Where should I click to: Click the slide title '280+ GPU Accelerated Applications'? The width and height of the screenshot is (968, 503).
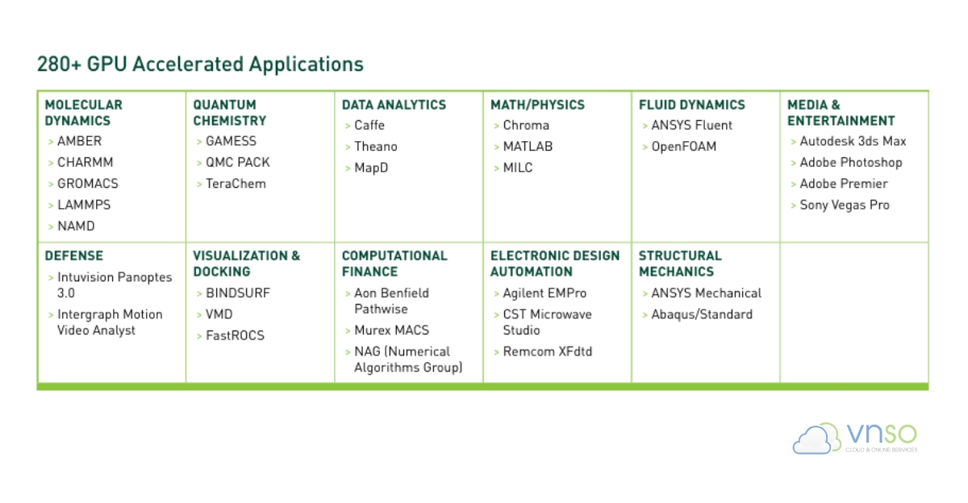pyautogui.click(x=200, y=64)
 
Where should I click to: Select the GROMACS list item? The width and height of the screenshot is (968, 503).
pyautogui.click(x=88, y=184)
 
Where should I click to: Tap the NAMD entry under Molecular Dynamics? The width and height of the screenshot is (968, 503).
pyautogui.click(x=76, y=226)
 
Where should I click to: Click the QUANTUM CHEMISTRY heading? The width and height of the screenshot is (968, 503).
pyautogui.click(x=229, y=113)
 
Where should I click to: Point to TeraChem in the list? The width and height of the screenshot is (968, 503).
pyautogui.click(x=236, y=184)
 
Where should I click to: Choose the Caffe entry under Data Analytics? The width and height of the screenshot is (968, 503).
pyautogui.click(x=369, y=125)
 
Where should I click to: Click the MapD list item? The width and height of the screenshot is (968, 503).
pyautogui.click(x=371, y=168)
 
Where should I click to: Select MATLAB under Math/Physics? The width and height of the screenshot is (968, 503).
pyautogui.click(x=528, y=147)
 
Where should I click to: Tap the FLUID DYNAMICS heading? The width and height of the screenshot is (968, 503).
pyautogui.click(x=692, y=105)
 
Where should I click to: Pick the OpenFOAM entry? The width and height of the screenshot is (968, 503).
pyautogui.click(x=684, y=147)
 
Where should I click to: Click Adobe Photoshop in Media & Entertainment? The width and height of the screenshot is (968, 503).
pyautogui.click(x=851, y=162)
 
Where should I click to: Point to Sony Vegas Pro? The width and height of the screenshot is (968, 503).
pyautogui.click(x=845, y=205)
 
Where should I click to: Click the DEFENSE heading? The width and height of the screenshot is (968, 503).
pyautogui.click(x=74, y=256)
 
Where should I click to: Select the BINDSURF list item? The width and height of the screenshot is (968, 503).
pyautogui.click(x=238, y=293)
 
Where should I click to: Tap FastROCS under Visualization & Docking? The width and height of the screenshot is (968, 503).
pyautogui.click(x=235, y=335)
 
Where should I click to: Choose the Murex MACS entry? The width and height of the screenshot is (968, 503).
pyautogui.click(x=391, y=330)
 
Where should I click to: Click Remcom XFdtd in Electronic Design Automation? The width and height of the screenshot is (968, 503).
pyautogui.click(x=548, y=351)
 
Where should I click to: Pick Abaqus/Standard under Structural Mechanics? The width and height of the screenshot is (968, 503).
pyautogui.click(x=702, y=314)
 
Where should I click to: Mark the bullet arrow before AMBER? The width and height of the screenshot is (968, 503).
pyautogui.click(x=51, y=142)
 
